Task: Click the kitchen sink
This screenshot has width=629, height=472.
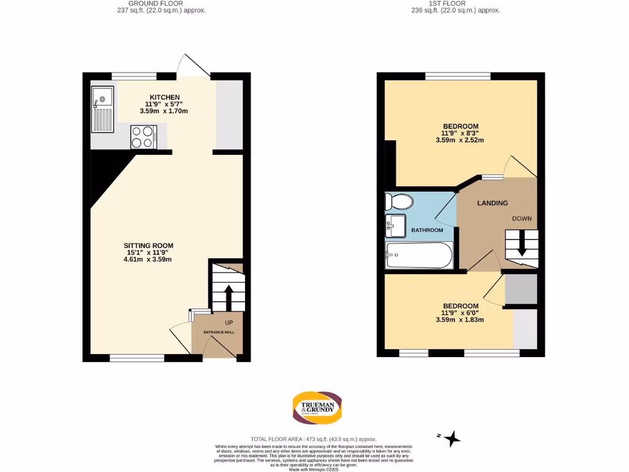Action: coord(102,109)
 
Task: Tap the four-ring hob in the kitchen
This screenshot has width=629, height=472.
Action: coord(143,136)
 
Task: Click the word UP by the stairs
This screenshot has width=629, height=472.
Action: coord(229,323)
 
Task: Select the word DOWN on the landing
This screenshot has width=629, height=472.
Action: coord(522,219)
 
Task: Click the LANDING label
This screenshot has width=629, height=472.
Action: coord(493,203)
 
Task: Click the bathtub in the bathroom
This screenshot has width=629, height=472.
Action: coord(418,254)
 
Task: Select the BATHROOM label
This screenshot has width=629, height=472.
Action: coord(427,230)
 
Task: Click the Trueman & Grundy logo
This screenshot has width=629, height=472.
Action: coord(317,408)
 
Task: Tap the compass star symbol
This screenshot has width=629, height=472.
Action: coord(453,438)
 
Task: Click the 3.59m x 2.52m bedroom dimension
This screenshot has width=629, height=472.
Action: coord(460,140)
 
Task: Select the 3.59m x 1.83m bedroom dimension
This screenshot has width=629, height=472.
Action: coord(460,320)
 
